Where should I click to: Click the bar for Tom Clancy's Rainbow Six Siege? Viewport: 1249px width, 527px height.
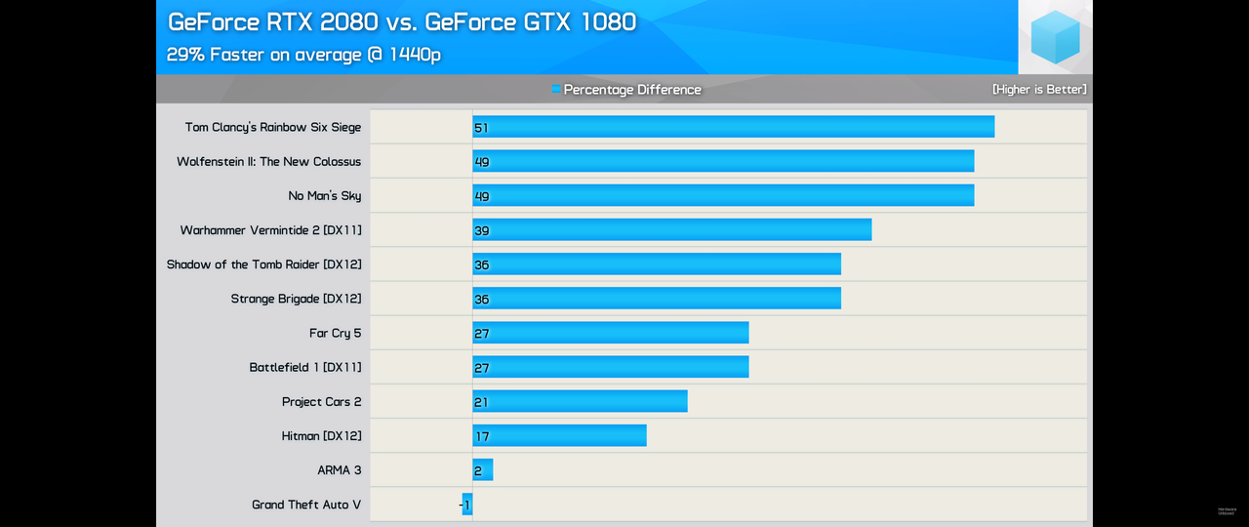733,127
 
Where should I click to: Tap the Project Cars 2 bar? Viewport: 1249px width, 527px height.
580,401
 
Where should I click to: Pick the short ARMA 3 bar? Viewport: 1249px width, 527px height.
483,470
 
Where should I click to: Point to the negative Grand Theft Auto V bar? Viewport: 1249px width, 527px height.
467,505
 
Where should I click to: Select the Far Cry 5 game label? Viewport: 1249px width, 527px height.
335,333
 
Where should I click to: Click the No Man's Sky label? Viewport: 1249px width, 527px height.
324,195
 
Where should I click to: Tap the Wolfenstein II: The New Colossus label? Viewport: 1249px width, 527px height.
268,161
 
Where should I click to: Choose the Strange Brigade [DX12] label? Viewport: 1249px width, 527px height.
296,299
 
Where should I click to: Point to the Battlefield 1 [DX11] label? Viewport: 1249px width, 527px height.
304,367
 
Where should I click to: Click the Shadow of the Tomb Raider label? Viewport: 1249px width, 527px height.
263,264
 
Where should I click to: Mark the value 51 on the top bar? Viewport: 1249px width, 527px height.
481,128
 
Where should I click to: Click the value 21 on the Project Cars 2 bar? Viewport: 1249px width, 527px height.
481,402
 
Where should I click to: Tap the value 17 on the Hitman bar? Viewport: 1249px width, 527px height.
481,436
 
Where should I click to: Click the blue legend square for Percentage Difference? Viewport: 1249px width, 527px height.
556,89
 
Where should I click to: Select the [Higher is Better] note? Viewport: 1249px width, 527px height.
1039,89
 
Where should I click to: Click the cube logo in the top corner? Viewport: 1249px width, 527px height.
1055,37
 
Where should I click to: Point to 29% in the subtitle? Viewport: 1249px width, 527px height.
185,55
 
